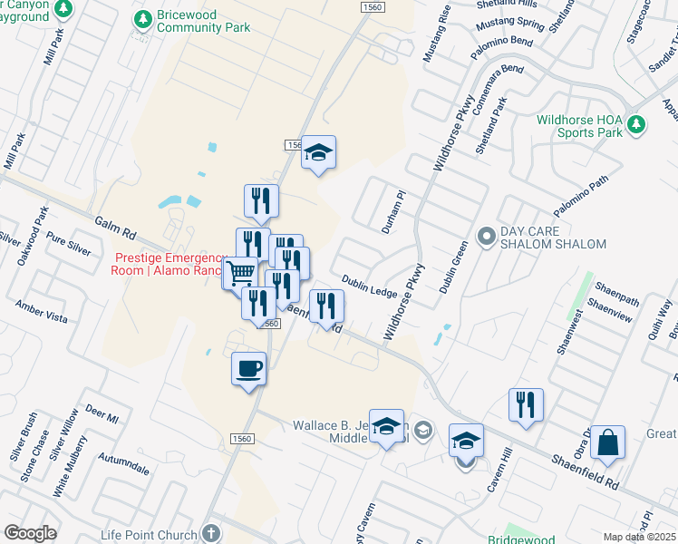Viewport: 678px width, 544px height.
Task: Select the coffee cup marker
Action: click(249, 369)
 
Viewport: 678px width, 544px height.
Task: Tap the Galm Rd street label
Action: click(114, 228)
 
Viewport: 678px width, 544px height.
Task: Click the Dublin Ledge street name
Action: click(369, 286)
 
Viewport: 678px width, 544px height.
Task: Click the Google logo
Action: click(30, 532)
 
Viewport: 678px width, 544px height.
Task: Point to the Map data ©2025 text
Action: click(640, 537)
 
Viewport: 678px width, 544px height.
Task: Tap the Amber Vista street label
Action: click(41, 312)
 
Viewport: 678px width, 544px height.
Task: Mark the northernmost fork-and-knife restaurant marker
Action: click(261, 201)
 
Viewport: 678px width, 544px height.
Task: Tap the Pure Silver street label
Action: click(69, 243)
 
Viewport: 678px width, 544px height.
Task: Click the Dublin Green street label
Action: click(452, 267)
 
